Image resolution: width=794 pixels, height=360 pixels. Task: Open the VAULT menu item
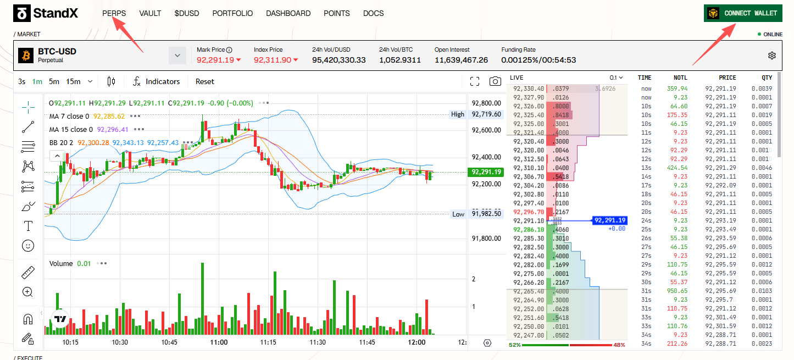[x=150, y=13]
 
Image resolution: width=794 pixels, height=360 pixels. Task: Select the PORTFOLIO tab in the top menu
[x=232, y=13]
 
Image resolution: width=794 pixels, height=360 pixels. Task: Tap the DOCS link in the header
[x=373, y=13]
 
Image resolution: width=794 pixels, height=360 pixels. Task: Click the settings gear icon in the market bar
[x=772, y=56]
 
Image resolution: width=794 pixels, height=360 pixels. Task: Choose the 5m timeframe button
[x=54, y=81]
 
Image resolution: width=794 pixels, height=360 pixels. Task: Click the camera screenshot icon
[x=495, y=81]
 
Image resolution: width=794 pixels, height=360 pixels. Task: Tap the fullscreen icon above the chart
[x=475, y=81]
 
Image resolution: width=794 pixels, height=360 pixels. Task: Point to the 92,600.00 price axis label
[x=486, y=130]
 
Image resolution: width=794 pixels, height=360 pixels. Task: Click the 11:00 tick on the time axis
[x=219, y=342]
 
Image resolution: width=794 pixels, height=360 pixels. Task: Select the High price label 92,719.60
[x=486, y=114]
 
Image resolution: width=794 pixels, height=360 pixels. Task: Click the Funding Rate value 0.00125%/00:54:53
[x=538, y=60]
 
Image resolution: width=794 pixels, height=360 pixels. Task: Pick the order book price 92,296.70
[x=528, y=212]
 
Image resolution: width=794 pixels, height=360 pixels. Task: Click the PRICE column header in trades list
[x=727, y=77]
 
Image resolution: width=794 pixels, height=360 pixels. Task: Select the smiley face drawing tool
[x=28, y=246]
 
